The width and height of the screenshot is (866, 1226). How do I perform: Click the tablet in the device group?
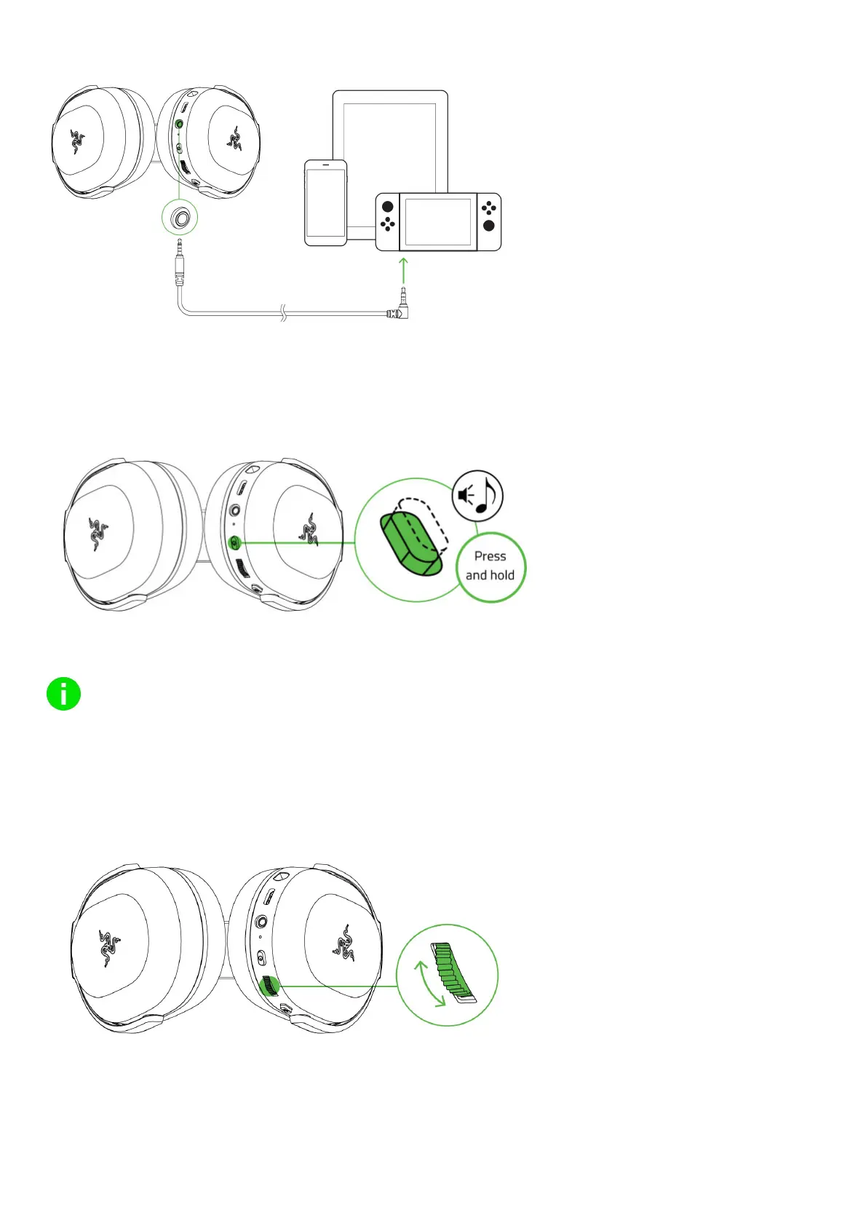pos(389,138)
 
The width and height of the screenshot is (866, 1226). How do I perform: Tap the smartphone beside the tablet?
pos(325,203)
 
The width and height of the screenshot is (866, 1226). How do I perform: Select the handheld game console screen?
pos(438,221)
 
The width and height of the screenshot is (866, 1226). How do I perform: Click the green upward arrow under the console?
pos(404,269)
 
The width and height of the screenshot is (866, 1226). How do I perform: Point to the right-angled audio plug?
pos(400,309)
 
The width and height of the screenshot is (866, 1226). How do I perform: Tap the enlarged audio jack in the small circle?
pos(180,218)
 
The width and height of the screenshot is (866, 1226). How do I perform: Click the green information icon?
pos(63,695)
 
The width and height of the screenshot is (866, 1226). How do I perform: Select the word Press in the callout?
pos(490,556)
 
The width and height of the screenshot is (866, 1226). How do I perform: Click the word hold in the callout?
pos(501,575)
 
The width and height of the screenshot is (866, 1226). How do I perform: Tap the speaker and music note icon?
pos(477,496)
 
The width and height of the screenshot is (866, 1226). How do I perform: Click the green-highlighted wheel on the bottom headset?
pos(269,986)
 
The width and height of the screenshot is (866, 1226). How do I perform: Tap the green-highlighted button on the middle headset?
pos(234,542)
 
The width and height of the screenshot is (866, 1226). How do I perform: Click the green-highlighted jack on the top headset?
pos(180,124)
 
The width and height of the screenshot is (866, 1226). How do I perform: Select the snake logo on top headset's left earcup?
pos(77,142)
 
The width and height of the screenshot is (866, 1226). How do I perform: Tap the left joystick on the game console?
pos(387,207)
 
